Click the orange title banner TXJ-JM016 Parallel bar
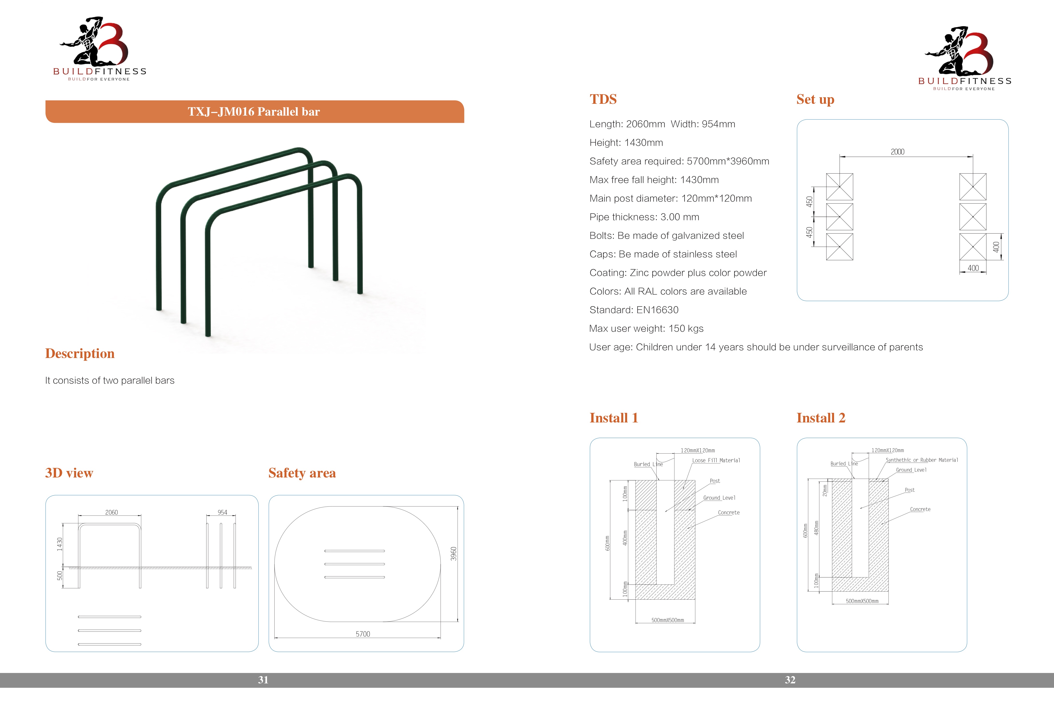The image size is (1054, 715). [255, 112]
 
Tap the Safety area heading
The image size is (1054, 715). [302, 473]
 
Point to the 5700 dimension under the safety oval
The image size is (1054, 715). [363, 634]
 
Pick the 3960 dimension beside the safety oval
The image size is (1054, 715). [453, 554]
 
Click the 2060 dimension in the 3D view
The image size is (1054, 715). [112, 512]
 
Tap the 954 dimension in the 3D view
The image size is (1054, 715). [222, 512]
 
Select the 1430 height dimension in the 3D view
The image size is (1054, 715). [59, 544]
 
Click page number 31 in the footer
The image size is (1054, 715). [263, 680]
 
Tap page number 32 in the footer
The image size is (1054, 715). [790, 680]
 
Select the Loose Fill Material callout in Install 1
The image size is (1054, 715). [716, 460]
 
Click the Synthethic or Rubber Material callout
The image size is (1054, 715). [922, 460]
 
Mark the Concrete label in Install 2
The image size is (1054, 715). [920, 509]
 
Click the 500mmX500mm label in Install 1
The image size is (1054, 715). [668, 620]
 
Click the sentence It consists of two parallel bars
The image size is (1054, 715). [110, 380]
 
